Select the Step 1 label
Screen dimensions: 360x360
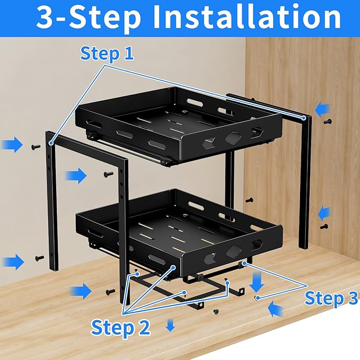pos(107,53)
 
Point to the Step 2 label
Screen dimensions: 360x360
pos(121,327)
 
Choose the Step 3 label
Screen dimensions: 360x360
pos(331,298)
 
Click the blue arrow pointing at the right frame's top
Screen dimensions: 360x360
pos(322,109)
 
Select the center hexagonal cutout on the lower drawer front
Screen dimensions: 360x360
pos(232,251)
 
